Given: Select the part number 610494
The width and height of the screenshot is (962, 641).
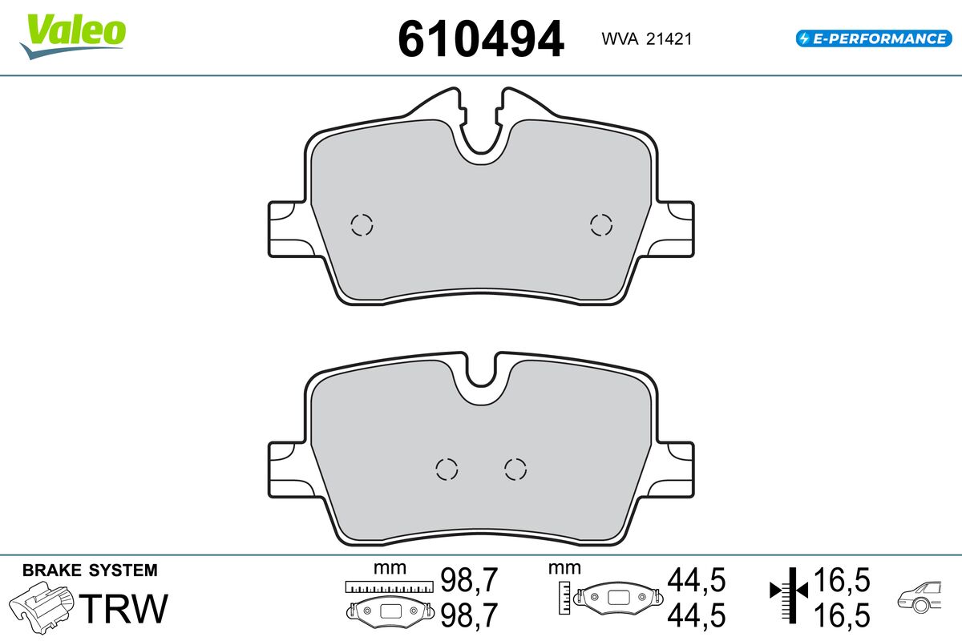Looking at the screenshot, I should click(x=481, y=39).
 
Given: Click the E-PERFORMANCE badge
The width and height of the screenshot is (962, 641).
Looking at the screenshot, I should click(x=872, y=38).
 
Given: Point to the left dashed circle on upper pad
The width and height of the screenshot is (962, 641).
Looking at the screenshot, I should click(x=362, y=225).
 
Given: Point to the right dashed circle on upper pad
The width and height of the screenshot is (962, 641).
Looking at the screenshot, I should click(x=600, y=225).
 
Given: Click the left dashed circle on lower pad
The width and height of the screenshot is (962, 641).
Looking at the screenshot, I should click(x=447, y=469).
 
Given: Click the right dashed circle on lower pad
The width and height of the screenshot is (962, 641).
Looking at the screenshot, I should click(x=515, y=469).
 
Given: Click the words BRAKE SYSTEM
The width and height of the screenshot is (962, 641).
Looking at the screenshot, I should click(x=90, y=570).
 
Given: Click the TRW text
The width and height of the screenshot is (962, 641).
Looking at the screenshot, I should click(x=126, y=609).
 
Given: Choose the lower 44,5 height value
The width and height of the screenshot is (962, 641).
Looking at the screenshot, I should click(x=696, y=615).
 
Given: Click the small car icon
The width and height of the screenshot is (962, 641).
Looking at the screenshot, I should click(x=922, y=596).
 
